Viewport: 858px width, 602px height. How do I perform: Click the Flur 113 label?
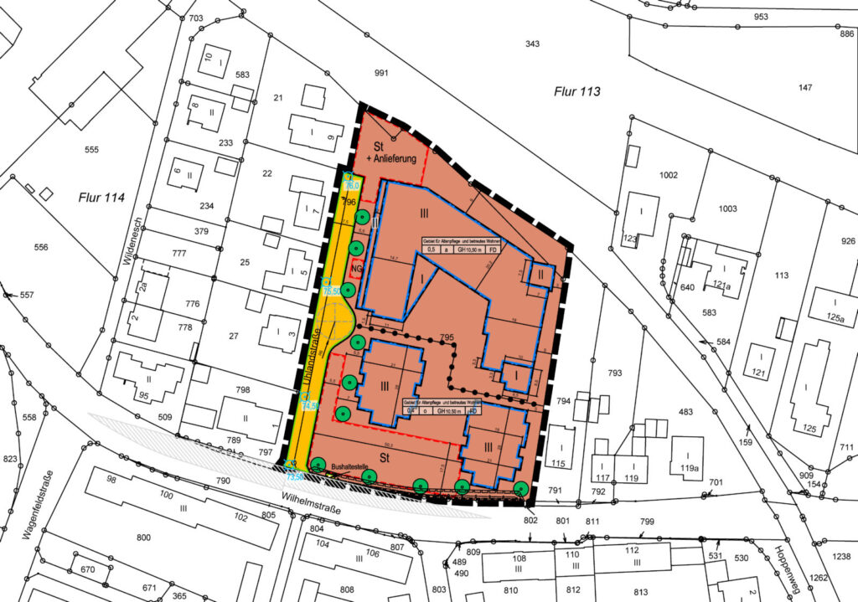577,91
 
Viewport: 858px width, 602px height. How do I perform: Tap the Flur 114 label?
101,198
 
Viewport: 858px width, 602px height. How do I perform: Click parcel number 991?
381,74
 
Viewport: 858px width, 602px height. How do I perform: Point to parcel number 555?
91,150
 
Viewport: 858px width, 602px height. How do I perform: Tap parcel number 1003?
727,208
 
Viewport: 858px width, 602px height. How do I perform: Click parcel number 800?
143,537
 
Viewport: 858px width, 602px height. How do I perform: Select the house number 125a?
835,317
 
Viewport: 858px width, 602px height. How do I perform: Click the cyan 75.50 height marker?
330,291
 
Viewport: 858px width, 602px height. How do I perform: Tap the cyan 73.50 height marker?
295,476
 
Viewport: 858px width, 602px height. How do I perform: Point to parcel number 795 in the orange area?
447,337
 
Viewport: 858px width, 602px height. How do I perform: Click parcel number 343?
532,44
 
